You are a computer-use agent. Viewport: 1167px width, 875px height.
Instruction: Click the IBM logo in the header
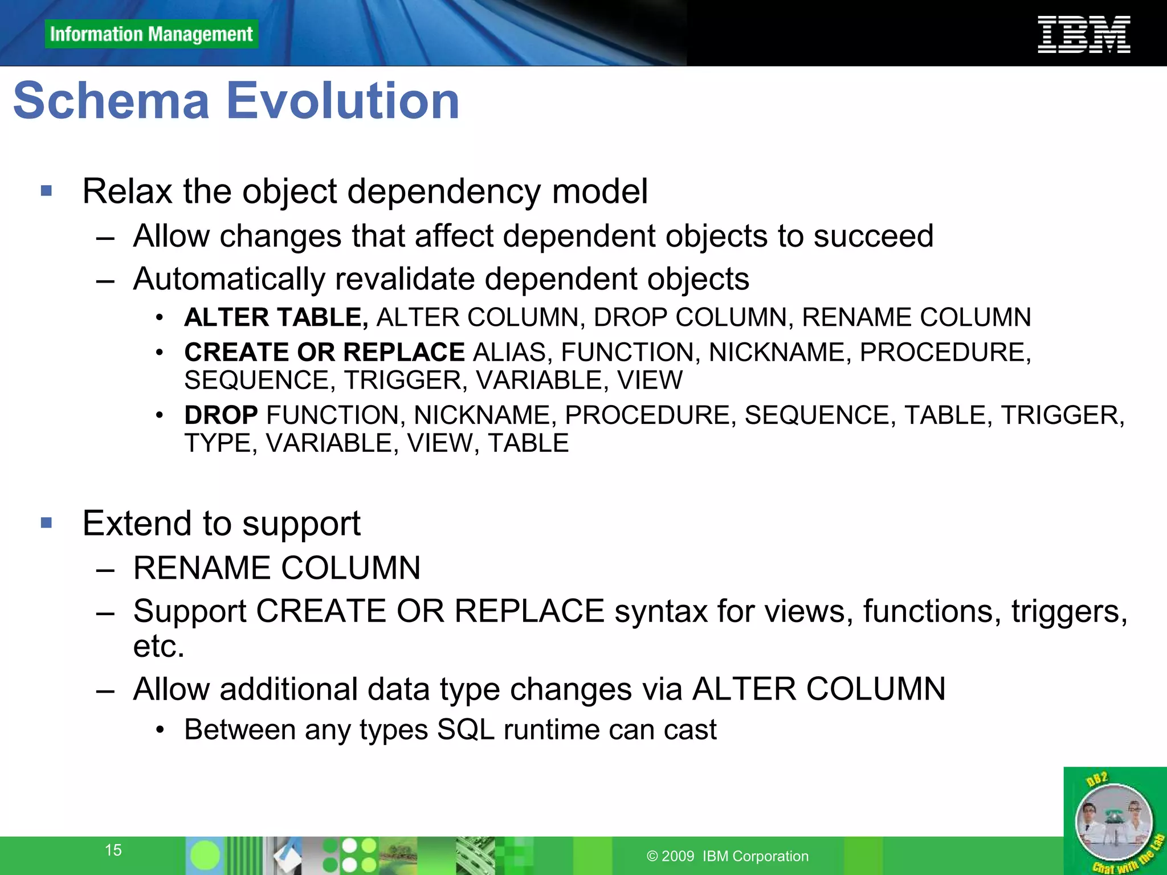tap(1083, 35)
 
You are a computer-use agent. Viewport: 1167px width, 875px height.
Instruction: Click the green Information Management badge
tap(151, 34)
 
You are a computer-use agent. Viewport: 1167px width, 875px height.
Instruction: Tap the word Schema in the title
tap(112, 101)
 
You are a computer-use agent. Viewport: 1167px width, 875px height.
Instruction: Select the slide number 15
tap(113, 850)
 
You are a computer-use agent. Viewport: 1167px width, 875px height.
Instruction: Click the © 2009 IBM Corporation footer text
tap(728, 856)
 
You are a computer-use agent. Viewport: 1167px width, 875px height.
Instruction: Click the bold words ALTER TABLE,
tap(276, 317)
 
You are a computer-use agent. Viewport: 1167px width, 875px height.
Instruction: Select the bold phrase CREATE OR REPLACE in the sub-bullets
tap(324, 352)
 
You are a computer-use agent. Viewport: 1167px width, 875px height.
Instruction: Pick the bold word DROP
tap(221, 415)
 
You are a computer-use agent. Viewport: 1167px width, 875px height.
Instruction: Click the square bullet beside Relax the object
tap(47, 191)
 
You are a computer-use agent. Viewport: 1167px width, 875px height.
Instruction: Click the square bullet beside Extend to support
tap(47, 523)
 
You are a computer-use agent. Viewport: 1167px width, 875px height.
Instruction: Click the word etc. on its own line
tap(159, 646)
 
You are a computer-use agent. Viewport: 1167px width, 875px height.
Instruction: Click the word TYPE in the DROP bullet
tap(217, 443)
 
